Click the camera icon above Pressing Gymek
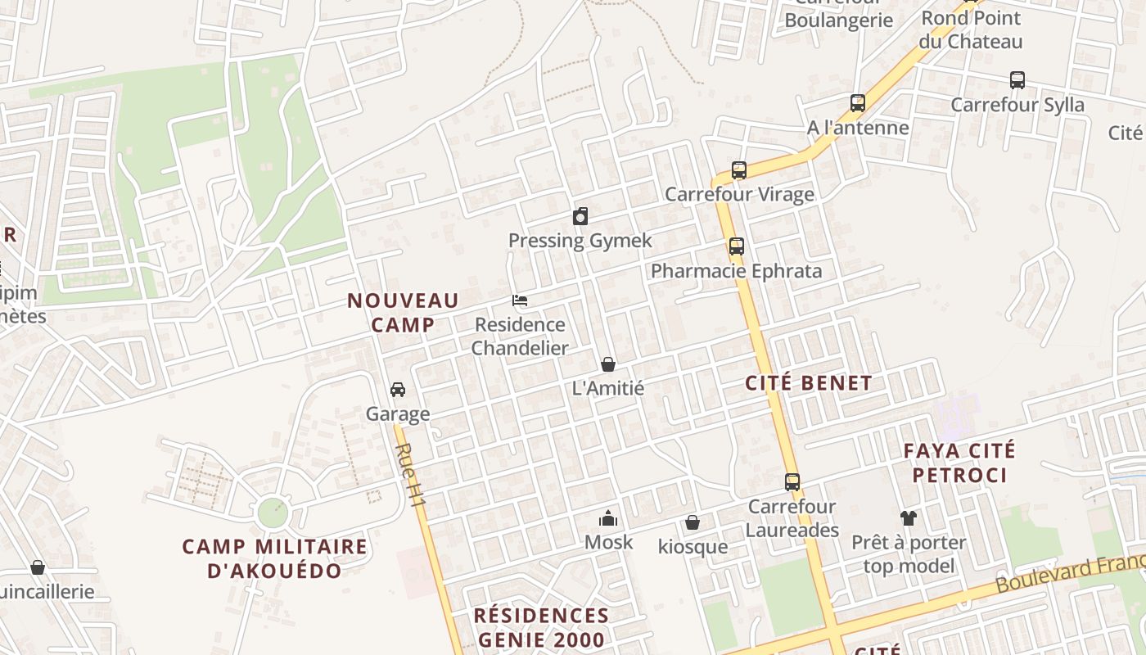point(580,216)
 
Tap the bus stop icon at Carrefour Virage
point(739,170)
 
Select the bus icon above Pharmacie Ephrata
point(737,246)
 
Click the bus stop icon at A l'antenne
point(858,103)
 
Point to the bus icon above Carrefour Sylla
point(1017,80)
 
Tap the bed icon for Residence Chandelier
point(520,300)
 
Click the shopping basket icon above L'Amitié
point(608,364)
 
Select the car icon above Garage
point(398,390)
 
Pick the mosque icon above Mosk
point(608,518)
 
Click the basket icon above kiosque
point(693,522)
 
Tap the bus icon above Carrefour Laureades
point(792,482)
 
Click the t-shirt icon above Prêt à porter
point(909,517)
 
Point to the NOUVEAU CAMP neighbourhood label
point(403,313)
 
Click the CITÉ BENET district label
point(809,383)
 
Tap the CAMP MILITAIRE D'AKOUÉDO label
point(275,558)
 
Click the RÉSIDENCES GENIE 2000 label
point(542,627)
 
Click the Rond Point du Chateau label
point(971,29)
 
